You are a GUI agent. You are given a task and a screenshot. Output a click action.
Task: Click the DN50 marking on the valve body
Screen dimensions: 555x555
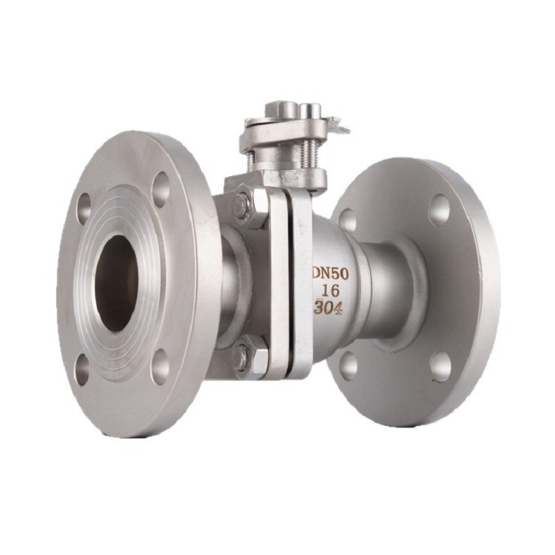tap(331, 274)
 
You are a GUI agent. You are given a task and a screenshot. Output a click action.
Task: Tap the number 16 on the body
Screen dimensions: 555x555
tap(330, 291)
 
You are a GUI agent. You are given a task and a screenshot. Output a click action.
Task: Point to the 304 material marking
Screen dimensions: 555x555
tap(328, 307)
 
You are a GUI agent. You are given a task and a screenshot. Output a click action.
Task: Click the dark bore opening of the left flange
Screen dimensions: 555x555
tap(117, 284)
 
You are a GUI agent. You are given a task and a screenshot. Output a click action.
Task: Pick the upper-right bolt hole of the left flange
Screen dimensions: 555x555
tap(162, 189)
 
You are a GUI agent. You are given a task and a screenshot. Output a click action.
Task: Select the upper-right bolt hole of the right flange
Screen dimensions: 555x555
tap(441, 210)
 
